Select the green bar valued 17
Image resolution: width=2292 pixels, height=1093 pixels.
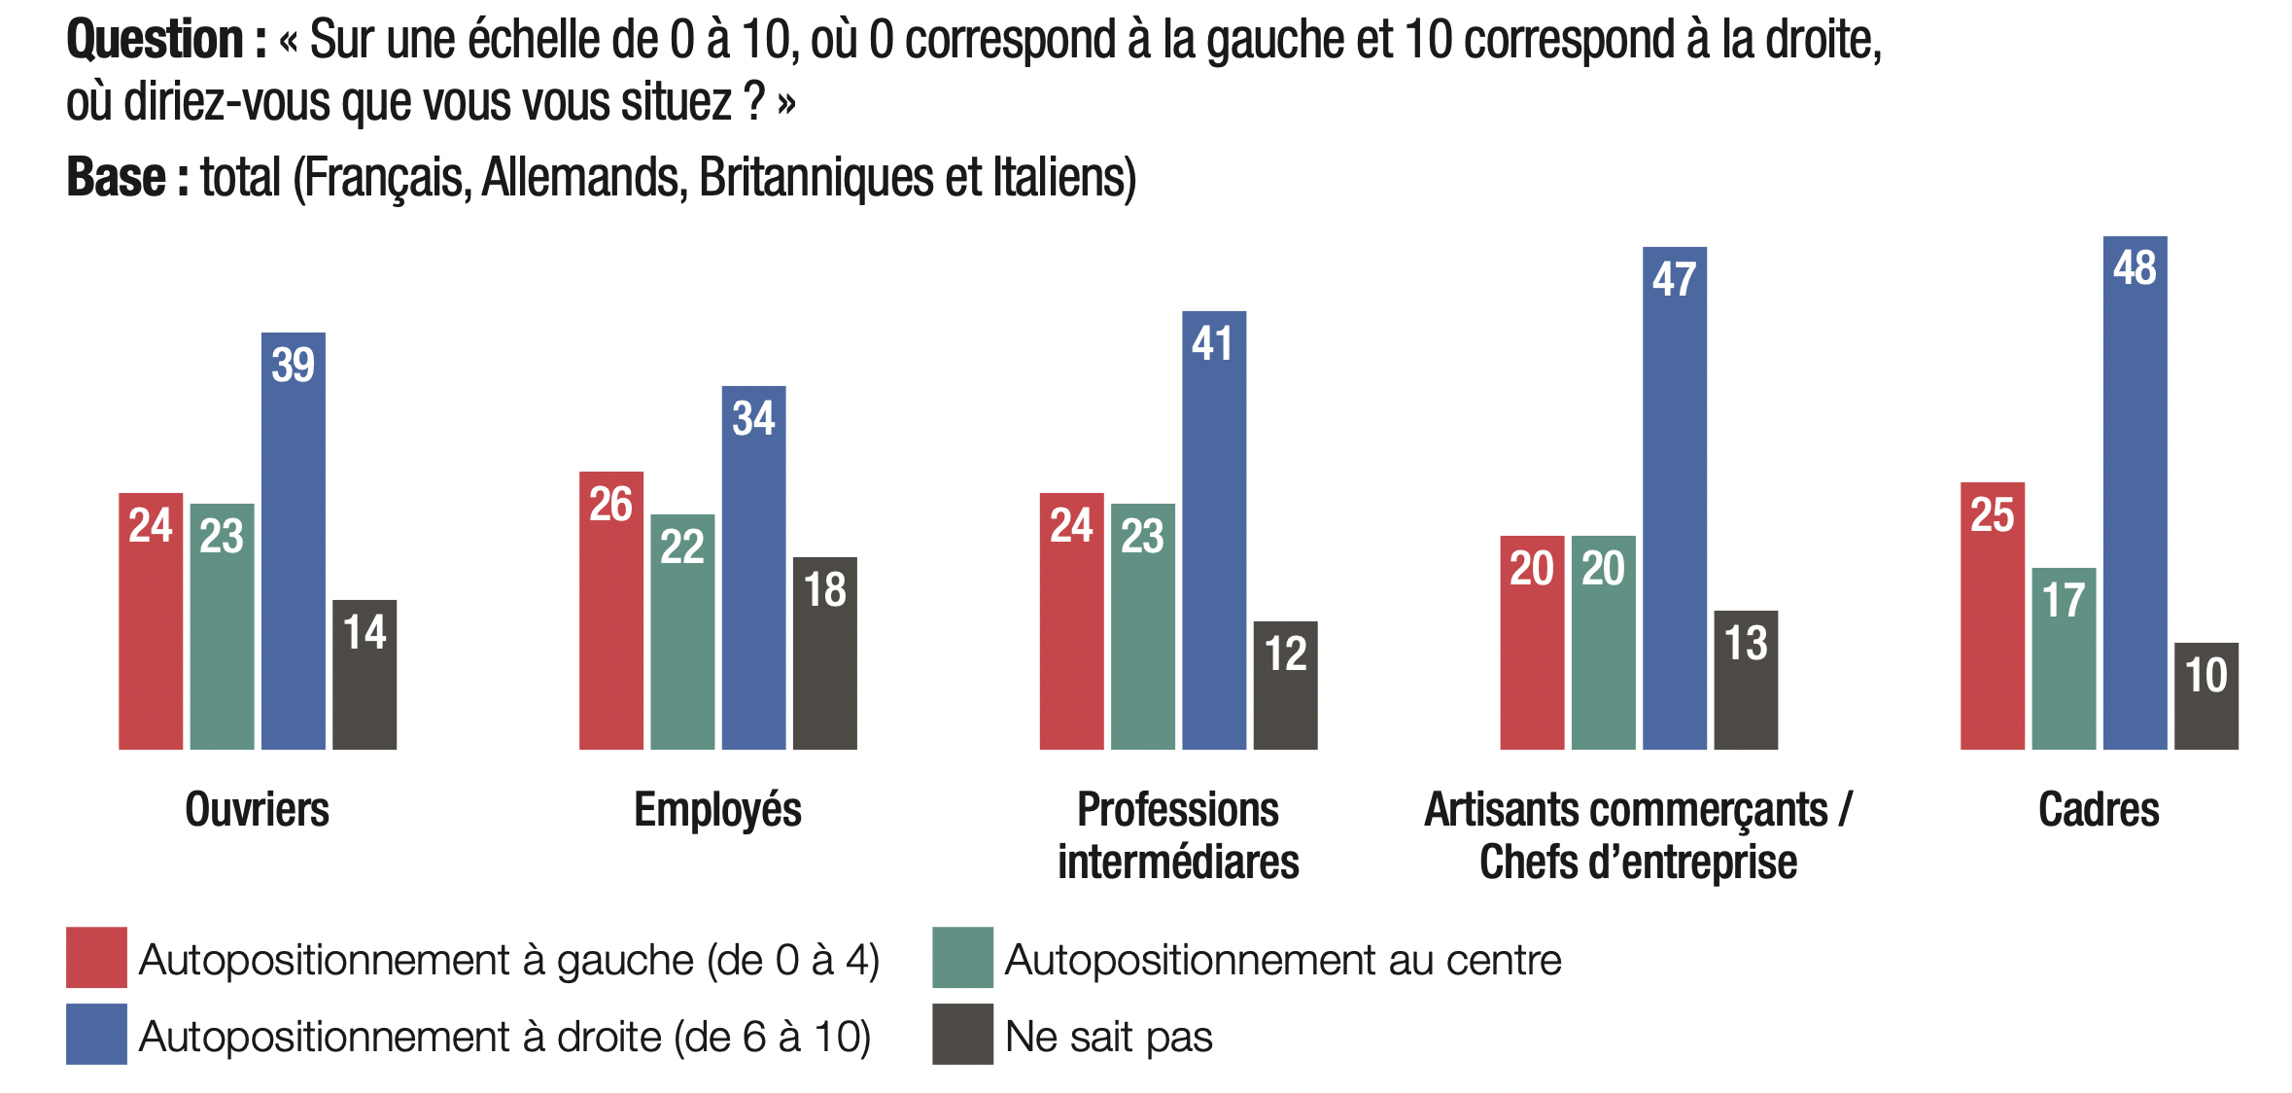click(2063, 671)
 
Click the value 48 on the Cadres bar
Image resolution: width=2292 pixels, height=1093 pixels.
click(2135, 268)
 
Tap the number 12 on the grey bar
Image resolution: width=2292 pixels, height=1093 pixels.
click(1285, 653)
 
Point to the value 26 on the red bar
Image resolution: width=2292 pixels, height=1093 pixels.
click(610, 504)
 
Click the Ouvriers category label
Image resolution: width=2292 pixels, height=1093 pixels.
click(257, 810)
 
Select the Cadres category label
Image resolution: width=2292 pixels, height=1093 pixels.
click(2099, 810)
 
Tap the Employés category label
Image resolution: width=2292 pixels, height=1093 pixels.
click(717, 810)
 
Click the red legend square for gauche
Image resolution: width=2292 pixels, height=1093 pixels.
click(96, 957)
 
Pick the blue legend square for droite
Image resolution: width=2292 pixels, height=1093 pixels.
click(96, 1034)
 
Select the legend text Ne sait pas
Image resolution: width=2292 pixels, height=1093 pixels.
click(1108, 1037)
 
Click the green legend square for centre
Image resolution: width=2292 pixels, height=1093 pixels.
click(962, 957)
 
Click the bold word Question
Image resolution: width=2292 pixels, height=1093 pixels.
click(156, 41)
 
